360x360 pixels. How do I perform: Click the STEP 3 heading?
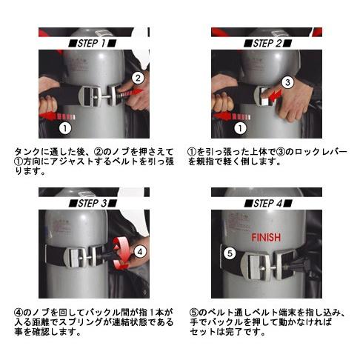click(94, 202)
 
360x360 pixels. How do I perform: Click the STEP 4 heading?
click(267, 202)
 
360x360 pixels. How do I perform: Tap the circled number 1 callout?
click(64, 127)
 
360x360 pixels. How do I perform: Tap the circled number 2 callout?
click(138, 77)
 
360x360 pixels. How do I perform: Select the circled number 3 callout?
click(289, 82)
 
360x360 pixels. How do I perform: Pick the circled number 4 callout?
click(141, 250)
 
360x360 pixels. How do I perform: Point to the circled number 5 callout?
click(230, 253)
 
